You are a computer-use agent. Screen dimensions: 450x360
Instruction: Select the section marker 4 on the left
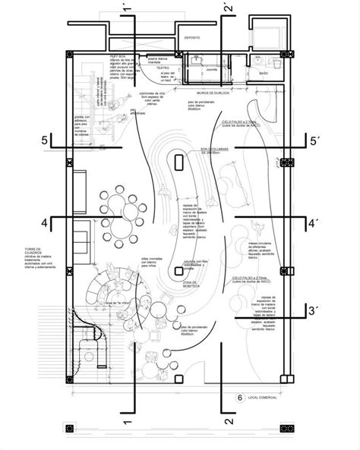click(46, 222)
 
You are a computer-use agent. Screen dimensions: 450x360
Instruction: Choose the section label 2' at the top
click(226, 11)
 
